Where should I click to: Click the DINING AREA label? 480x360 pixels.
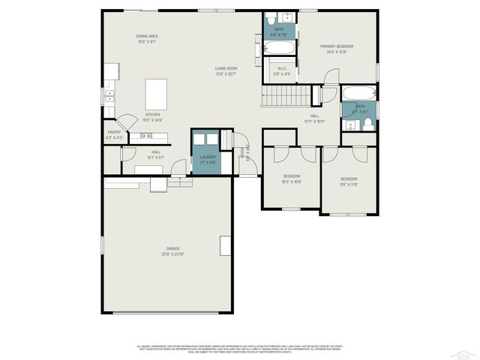tap(147, 36)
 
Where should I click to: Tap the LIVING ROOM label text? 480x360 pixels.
tap(226, 68)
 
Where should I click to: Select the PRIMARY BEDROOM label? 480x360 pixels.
tap(336, 46)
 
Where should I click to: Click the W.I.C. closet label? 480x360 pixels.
tap(282, 68)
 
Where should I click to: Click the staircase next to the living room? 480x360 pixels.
tap(286, 96)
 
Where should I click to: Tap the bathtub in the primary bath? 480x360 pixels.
tap(279, 48)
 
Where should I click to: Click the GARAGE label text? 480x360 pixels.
tap(173, 248)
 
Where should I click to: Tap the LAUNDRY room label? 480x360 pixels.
tap(207, 157)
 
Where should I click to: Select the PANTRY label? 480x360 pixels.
tap(114, 132)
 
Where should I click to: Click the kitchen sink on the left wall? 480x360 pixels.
tap(110, 95)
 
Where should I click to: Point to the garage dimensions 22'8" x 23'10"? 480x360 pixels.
tap(173, 254)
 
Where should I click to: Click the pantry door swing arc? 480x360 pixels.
tap(129, 120)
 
